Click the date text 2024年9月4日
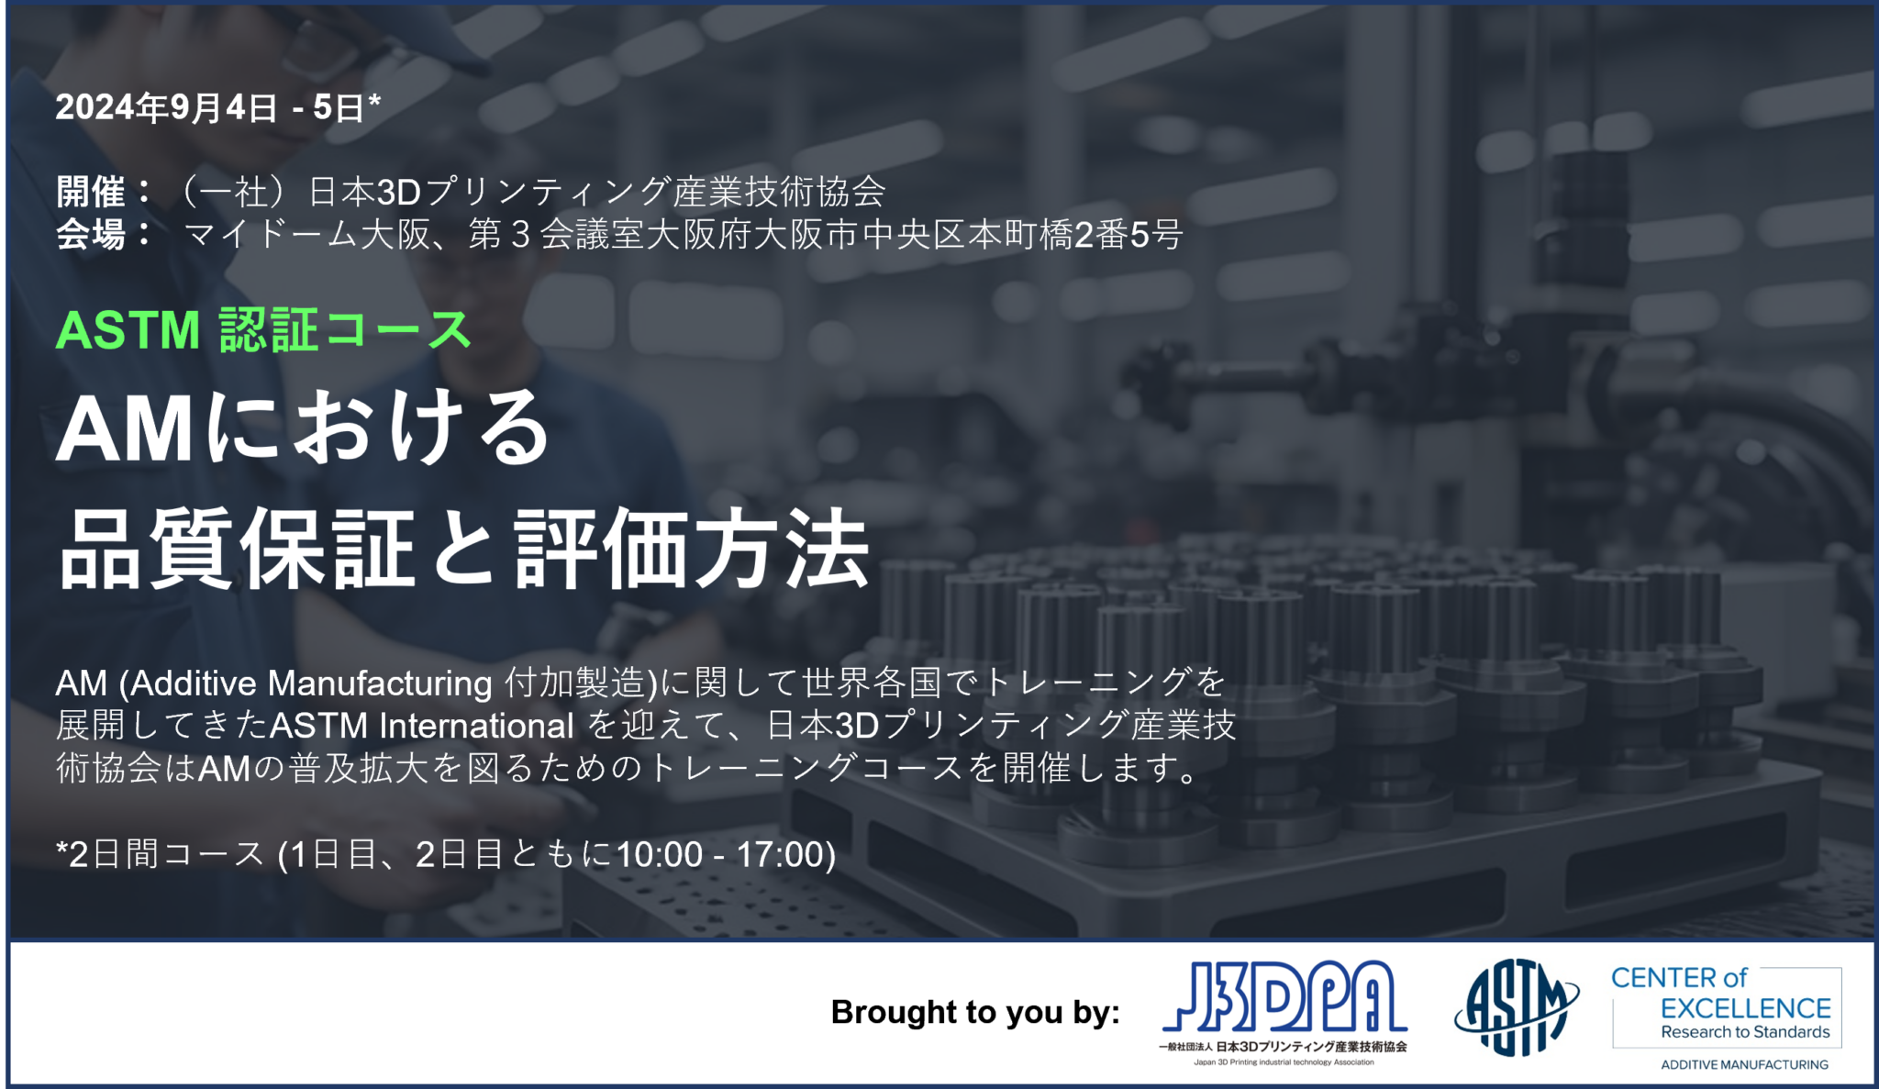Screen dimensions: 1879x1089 (166, 107)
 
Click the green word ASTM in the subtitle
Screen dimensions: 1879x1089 (128, 330)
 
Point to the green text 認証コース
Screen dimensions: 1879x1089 (346, 330)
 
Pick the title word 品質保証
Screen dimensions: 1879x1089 (237, 550)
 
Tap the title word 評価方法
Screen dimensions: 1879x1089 (692, 550)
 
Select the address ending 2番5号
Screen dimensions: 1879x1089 (1128, 235)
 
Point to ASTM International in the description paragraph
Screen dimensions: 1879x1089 (422, 726)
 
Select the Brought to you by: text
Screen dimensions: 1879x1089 (975, 1012)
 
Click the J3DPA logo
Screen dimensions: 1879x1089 (1284, 1013)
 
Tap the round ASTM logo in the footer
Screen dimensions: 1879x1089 (1517, 1006)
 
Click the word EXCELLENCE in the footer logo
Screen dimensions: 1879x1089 (1745, 1008)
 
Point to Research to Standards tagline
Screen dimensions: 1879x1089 (1745, 1032)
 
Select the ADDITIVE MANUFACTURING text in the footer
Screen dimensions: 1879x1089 (1744, 1065)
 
